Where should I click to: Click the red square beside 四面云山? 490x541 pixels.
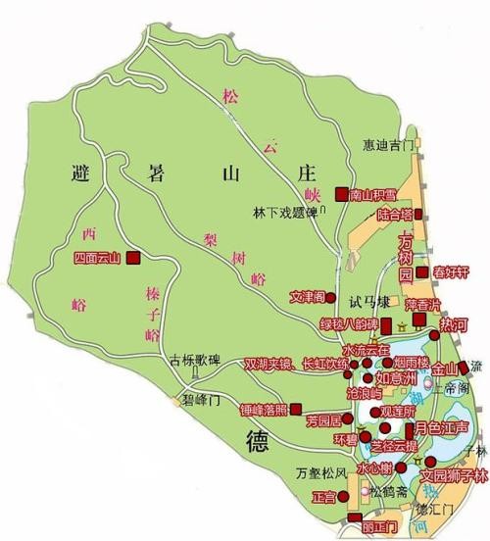pyautogui.click(x=132, y=259)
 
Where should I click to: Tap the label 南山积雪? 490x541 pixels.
pyautogui.click(x=373, y=194)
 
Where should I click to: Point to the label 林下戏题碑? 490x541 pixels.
pyautogui.click(x=284, y=211)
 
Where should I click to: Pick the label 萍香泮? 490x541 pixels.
pyautogui.click(x=424, y=304)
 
